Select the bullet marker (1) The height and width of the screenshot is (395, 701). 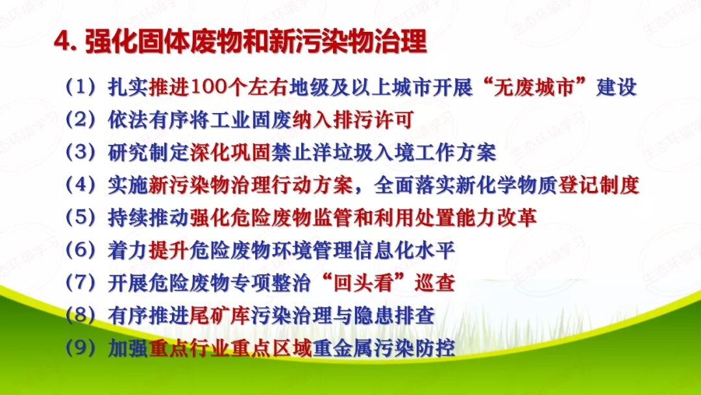click(80, 87)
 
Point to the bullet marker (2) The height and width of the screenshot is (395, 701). click(80, 120)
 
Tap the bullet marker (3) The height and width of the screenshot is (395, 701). click(80, 153)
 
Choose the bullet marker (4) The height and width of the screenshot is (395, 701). click(80, 186)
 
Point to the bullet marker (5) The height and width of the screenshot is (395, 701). click(80, 218)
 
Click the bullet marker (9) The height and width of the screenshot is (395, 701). click(80, 349)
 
